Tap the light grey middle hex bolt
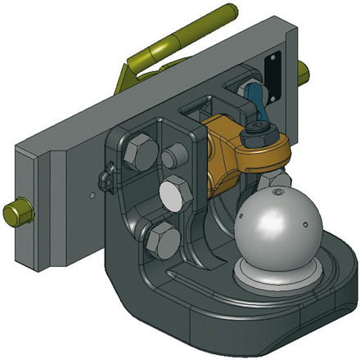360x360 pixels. tap(174, 196)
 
